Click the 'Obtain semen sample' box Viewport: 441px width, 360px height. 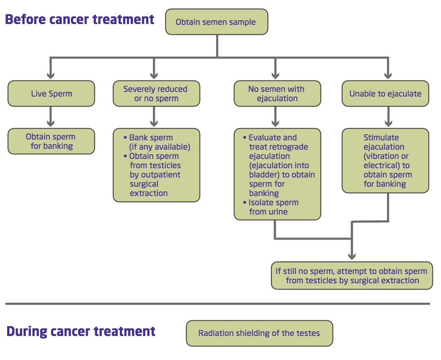(x=216, y=22)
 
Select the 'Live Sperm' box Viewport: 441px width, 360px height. (x=51, y=94)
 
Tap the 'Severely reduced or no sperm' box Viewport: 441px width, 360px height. (x=157, y=94)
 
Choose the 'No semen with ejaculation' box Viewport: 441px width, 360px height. (x=277, y=94)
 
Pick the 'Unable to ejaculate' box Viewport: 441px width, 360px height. (x=385, y=94)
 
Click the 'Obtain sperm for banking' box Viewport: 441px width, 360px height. (x=51, y=141)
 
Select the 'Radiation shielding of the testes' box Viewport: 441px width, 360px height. (x=259, y=333)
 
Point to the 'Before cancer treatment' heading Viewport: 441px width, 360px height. (x=80, y=20)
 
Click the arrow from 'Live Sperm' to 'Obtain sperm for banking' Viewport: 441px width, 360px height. (x=51, y=117)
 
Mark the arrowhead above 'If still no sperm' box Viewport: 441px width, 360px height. (x=352, y=256)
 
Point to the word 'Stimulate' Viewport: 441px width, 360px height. (x=381, y=137)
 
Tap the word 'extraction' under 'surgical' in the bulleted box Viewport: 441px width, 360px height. (x=149, y=193)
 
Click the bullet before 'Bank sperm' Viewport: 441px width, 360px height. (x=125, y=138)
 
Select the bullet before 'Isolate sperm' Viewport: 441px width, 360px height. (x=245, y=202)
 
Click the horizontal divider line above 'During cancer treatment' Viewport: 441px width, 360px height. (x=217, y=304)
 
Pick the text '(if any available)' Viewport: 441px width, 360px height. (x=160, y=147)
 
